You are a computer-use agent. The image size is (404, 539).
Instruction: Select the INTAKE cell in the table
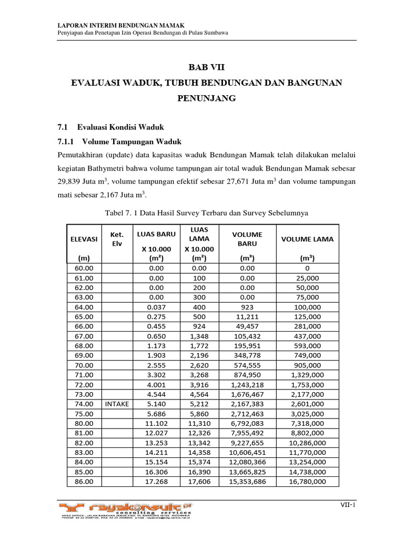(117, 403)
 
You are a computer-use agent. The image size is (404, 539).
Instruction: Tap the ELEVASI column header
(84, 238)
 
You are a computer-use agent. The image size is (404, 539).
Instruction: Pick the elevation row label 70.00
(84, 365)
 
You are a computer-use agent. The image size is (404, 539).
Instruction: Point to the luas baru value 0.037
(157, 307)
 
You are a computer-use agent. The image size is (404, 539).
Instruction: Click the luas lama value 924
(196, 326)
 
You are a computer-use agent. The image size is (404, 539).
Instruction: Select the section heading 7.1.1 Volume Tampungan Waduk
(119, 142)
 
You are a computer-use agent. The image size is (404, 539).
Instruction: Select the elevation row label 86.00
(84, 481)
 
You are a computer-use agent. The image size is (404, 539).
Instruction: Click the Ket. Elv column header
(117, 239)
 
